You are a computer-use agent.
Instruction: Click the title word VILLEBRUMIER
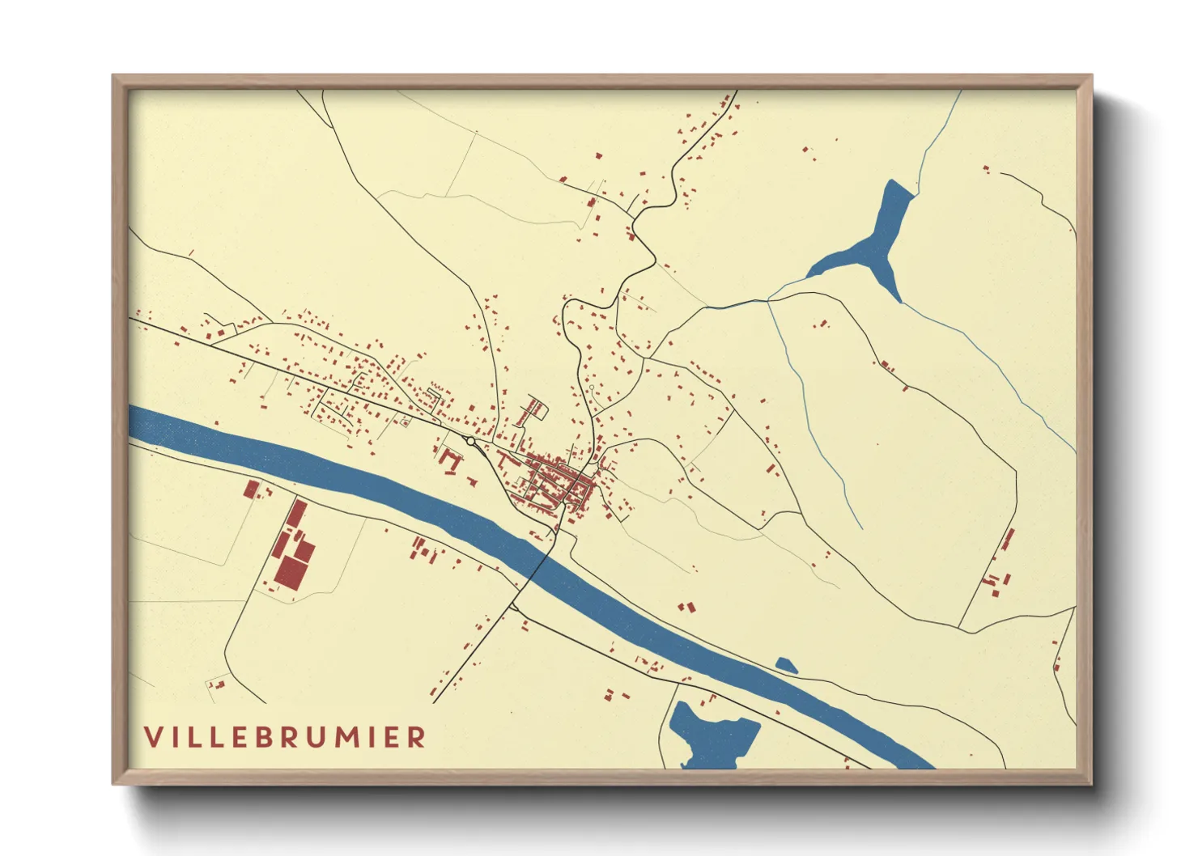(285, 737)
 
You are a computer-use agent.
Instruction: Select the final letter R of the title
(417, 737)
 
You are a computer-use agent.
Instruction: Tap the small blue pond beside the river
(786, 666)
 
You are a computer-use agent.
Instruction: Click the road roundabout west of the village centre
(470, 441)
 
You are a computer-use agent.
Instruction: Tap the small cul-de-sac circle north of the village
(592, 388)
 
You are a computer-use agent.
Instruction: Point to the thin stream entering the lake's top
(939, 138)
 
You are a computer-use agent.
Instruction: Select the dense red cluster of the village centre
(559, 481)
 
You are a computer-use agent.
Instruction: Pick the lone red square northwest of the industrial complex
(251, 489)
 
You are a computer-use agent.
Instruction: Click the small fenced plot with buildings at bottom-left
(217, 684)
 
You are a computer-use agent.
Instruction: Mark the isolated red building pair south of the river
(687, 606)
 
